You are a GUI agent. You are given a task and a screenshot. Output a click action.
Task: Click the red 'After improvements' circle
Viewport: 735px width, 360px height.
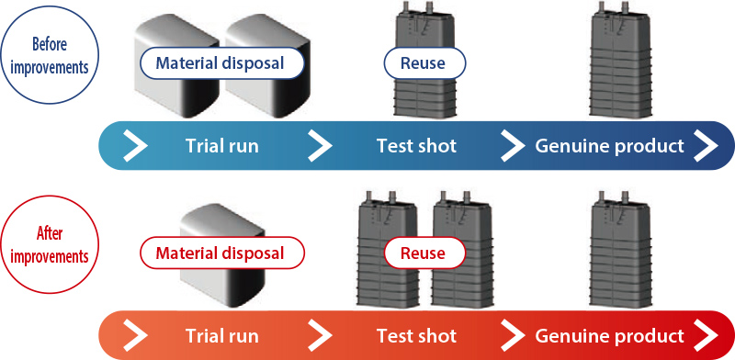point(50,245)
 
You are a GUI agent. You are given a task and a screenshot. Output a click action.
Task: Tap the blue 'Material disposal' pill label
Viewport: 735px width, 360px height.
point(220,62)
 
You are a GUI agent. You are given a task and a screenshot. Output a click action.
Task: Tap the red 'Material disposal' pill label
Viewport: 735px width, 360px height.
point(220,253)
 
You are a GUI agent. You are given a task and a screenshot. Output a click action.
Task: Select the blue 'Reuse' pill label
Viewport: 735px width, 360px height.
point(424,62)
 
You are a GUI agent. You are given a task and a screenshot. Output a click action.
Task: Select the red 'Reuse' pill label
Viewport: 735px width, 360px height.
point(424,253)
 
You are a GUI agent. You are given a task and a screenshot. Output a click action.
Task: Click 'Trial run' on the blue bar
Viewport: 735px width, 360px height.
point(221,146)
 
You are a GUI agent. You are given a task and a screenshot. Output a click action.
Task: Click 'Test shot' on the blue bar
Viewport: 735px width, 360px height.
point(416,146)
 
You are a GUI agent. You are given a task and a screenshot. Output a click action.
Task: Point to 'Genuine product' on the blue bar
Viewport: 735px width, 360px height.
point(609,147)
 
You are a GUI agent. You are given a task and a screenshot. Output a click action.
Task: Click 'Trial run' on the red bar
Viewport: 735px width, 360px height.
point(221,335)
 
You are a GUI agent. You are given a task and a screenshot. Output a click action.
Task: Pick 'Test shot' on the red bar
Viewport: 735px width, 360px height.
point(416,335)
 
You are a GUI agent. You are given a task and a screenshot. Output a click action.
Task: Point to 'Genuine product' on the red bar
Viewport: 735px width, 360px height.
point(609,336)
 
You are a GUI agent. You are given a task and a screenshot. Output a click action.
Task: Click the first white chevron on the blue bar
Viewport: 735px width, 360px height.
point(135,146)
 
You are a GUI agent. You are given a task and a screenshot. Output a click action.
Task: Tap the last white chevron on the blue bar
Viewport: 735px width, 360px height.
point(706,146)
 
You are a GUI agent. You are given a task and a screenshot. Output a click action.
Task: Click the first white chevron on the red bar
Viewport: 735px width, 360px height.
point(135,335)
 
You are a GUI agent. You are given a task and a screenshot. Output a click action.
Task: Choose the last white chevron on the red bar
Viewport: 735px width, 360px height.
point(706,335)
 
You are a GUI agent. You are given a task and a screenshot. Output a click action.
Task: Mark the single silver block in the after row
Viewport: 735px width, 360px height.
point(222,255)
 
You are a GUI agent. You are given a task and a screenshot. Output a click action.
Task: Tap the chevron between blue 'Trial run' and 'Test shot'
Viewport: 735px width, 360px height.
point(320,146)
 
